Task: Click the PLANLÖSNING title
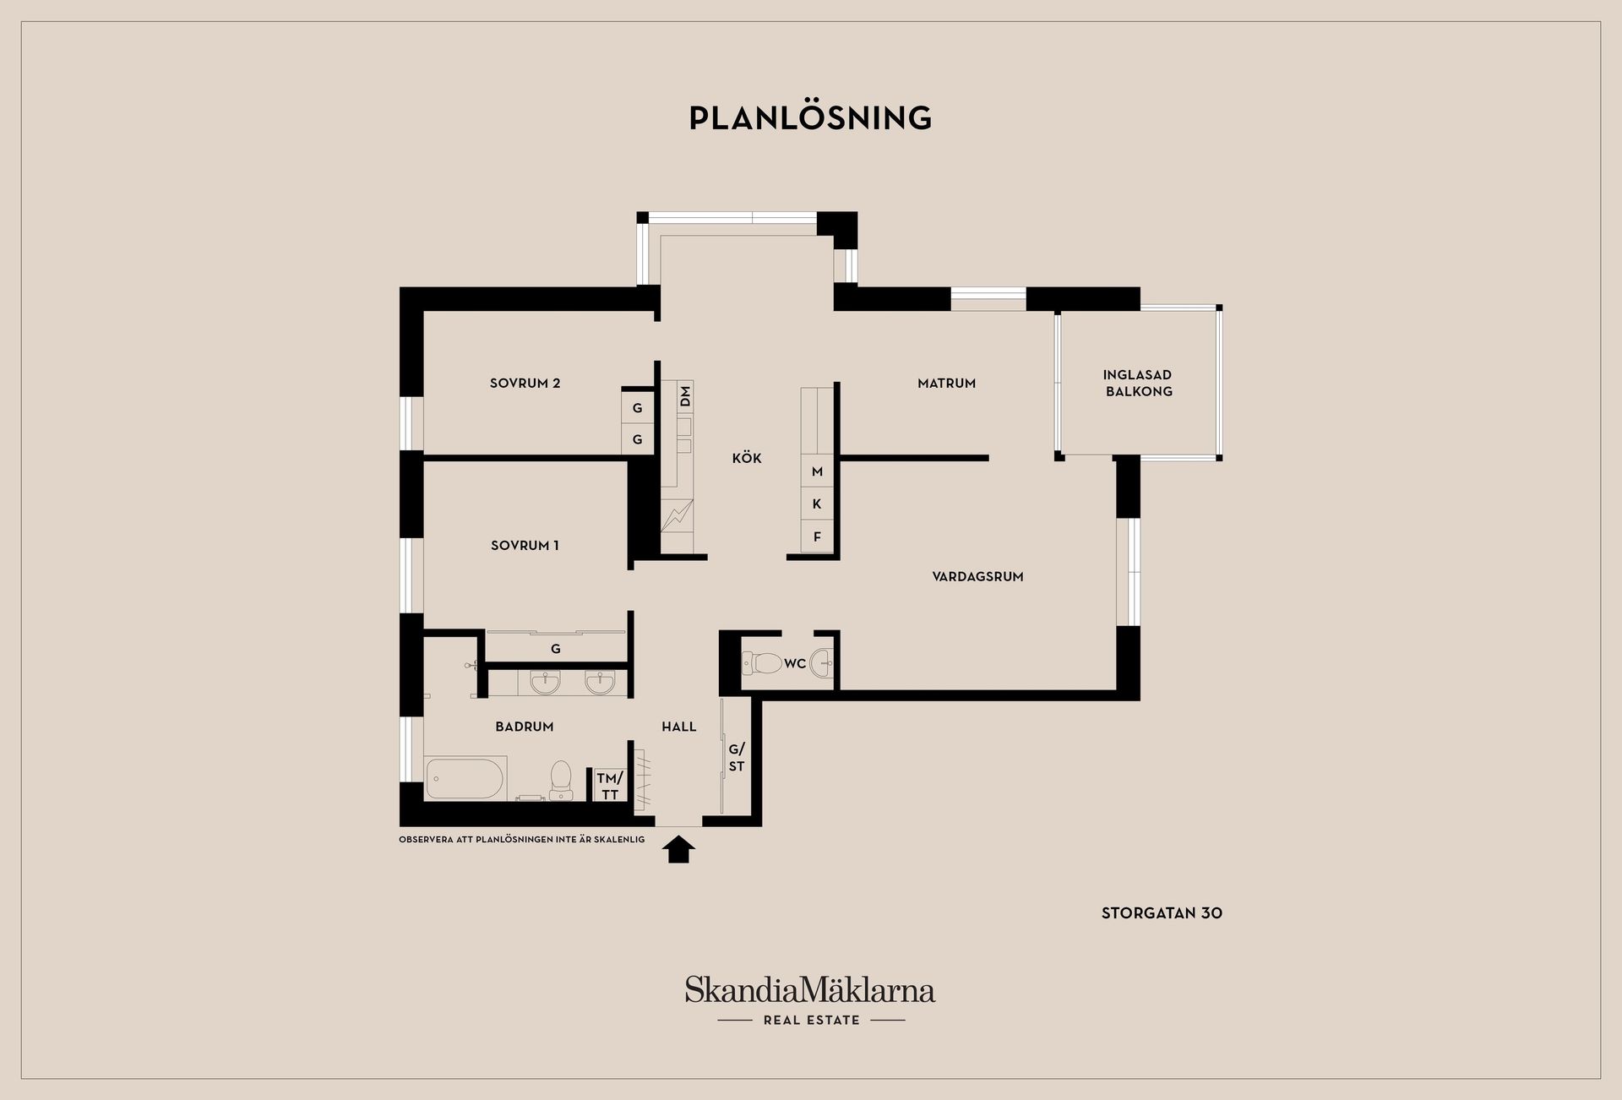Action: [810, 118]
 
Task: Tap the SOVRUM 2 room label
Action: [525, 383]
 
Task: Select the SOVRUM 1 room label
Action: [525, 546]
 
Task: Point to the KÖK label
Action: [747, 458]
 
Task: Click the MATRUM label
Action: [946, 383]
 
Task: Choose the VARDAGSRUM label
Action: [977, 576]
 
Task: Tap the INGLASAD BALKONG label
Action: [1138, 383]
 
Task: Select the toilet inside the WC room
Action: [763, 662]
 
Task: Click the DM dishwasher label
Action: [685, 395]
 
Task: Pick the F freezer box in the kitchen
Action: [817, 536]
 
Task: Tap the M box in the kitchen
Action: [817, 471]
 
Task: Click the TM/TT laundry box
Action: [609, 786]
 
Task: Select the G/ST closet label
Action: [737, 758]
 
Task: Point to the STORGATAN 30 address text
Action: [1162, 913]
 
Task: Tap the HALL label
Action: [679, 727]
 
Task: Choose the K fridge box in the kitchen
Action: [817, 504]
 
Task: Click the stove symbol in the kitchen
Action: [677, 515]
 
